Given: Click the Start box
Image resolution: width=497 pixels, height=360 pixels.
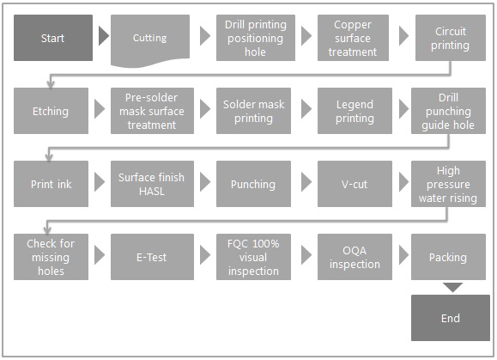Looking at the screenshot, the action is (53, 38).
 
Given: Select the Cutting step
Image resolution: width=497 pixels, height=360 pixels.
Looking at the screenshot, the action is (150, 40).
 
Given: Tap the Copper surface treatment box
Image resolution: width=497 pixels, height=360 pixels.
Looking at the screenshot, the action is (353, 38).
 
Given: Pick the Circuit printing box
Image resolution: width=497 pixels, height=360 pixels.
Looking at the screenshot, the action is (451, 38).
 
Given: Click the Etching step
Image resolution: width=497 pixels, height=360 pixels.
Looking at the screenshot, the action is (51, 111).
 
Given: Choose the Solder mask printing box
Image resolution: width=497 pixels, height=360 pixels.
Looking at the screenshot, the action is (253, 111).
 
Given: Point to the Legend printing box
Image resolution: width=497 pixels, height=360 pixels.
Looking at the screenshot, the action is (355, 111).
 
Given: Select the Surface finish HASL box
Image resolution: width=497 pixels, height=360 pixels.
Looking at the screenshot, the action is (152, 184).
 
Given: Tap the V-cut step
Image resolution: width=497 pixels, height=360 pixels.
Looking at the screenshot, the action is (355, 184).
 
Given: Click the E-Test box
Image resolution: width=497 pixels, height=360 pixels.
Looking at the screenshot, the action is (152, 257).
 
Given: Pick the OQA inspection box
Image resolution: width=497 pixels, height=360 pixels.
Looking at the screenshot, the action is (355, 257).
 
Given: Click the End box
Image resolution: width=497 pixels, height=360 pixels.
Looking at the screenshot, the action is (451, 318).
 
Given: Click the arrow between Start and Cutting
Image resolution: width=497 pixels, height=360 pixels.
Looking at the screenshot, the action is (103, 36).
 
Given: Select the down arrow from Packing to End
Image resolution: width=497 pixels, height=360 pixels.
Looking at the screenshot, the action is (452, 287).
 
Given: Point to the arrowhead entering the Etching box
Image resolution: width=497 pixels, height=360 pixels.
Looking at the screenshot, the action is (51, 84).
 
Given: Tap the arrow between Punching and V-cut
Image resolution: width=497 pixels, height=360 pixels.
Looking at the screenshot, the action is (306, 182).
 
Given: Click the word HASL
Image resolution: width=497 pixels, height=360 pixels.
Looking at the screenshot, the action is (152, 192).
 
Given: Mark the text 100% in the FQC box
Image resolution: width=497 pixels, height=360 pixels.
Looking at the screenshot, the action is (262, 244).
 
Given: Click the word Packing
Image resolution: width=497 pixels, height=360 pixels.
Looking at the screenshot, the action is (448, 258).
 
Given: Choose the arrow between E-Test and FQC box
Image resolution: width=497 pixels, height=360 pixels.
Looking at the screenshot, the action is (205, 255).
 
